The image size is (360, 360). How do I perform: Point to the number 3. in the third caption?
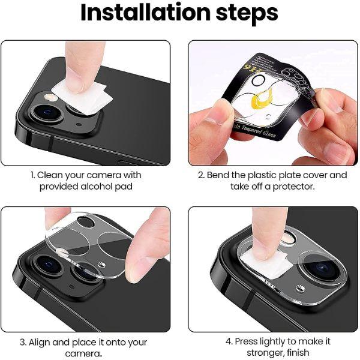[23, 342]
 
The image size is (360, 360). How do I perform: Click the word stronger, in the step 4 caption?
[251, 353]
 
